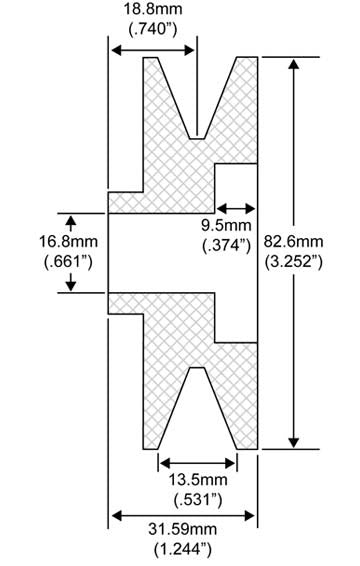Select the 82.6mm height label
point(323,241)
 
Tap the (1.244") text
point(184,549)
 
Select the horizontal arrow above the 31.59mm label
point(184,515)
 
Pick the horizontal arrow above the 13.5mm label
point(198,462)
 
